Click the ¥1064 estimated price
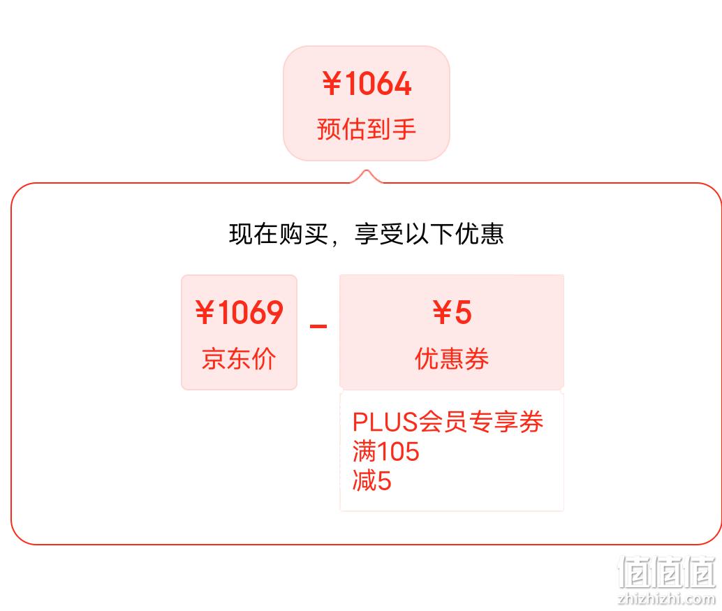[367, 84]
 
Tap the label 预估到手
[367, 129]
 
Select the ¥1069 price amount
[239, 312]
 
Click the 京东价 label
[239, 359]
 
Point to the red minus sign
[318, 327]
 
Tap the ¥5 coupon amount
[452, 312]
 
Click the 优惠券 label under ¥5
[452, 359]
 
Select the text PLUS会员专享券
[448, 422]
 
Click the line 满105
[386, 451]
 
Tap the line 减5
[372, 480]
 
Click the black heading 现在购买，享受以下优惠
[366, 234]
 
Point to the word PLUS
[385, 422]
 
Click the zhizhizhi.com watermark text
[668, 598]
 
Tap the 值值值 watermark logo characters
[668, 573]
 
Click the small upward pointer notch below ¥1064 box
[367, 175]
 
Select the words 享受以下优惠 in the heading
[429, 234]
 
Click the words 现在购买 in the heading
[279, 234]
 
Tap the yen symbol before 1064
[332, 84]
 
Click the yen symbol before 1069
[205, 312]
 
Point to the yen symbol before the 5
[442, 312]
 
